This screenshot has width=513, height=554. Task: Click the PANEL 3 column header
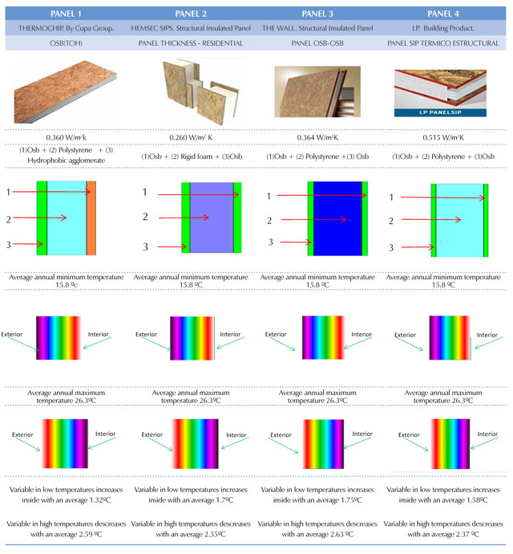click(317, 14)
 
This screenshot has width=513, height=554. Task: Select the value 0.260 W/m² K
click(191, 137)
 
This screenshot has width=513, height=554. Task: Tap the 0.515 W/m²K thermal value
click(443, 137)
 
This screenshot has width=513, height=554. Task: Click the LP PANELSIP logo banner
click(440, 112)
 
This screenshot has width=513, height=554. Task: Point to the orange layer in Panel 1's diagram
click(91, 218)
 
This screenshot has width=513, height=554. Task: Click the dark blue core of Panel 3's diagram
click(337, 218)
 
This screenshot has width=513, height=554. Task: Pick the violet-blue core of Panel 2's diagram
click(212, 218)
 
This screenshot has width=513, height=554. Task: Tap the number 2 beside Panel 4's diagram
click(391, 221)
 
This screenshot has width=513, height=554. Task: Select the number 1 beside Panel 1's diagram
click(8, 192)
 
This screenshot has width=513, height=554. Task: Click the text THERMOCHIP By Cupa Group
click(67, 28)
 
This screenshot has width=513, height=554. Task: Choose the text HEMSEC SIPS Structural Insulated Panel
click(191, 28)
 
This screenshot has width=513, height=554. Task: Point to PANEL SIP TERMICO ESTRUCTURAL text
click(443, 43)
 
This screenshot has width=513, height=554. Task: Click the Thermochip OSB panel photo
click(66, 92)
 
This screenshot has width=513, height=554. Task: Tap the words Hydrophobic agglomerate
click(67, 161)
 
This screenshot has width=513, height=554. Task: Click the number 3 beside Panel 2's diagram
click(145, 247)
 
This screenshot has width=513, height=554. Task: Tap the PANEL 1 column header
click(66, 14)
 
